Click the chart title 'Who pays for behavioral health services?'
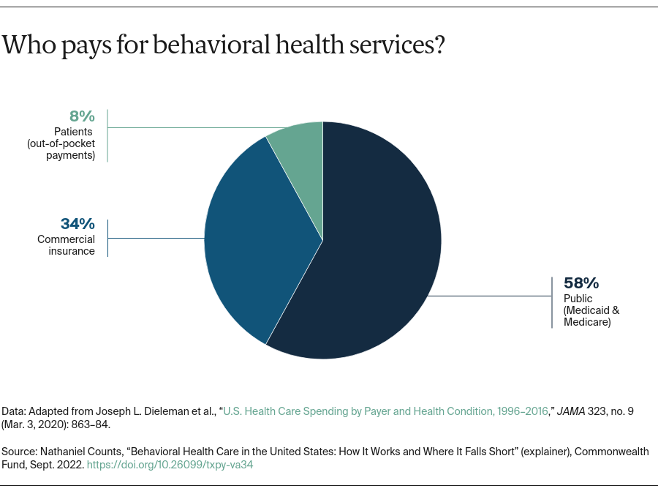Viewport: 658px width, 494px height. click(x=224, y=45)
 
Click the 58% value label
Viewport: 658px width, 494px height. click(x=581, y=283)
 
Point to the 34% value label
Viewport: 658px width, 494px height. click(x=77, y=224)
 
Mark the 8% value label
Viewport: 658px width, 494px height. click(x=82, y=116)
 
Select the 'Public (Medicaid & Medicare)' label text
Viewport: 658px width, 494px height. click(x=591, y=310)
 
